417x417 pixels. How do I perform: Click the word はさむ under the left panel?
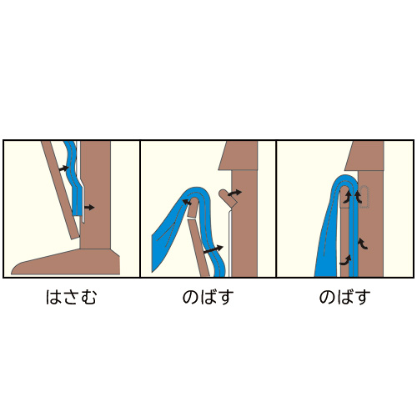pyautogui.click(x=71, y=297)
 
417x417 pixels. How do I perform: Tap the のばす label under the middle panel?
pyautogui.click(x=208, y=297)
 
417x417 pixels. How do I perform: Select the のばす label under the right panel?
pyautogui.click(x=344, y=297)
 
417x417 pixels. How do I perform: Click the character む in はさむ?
pyautogui.click(x=88, y=297)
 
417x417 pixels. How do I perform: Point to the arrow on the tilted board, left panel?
pyautogui.click(x=64, y=168)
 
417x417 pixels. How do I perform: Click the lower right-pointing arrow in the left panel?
pyautogui.click(x=89, y=207)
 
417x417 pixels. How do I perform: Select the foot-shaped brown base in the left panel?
pyautogui.click(x=66, y=262)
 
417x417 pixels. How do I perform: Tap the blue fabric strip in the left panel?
pyautogui.click(x=73, y=178)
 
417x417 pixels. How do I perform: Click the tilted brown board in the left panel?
pyautogui.click(x=61, y=190)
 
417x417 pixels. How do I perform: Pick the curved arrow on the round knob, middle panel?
pyautogui.click(x=235, y=193)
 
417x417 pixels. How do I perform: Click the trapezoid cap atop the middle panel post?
pyautogui.click(x=238, y=155)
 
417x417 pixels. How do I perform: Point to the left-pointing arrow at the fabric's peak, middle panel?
pyautogui.click(x=187, y=202)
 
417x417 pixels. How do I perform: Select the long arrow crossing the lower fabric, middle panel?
pyautogui.click(x=214, y=249)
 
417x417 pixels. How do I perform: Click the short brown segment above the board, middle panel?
pyautogui.click(x=192, y=208)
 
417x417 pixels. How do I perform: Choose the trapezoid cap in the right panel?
pyautogui.click(x=364, y=156)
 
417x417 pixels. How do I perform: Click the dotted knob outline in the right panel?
pyautogui.click(x=364, y=198)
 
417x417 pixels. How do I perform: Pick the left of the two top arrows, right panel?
pyautogui.click(x=347, y=198)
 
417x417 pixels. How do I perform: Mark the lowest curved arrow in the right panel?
pyautogui.click(x=345, y=260)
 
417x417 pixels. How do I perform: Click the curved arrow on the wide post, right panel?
pyautogui.click(x=363, y=244)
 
